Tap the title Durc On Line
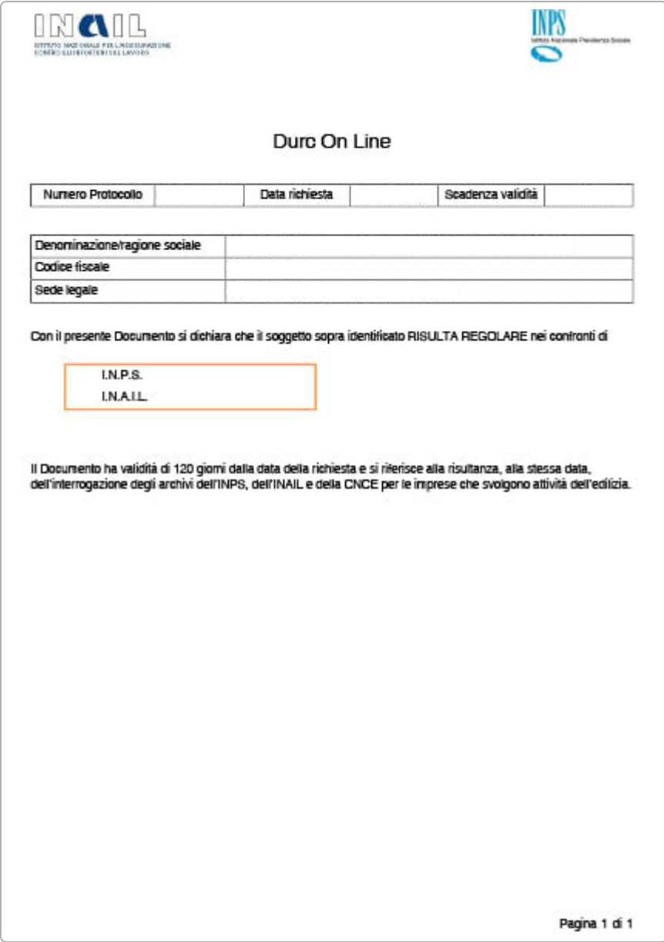(332, 142)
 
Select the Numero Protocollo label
(92, 195)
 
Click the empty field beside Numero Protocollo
(198, 195)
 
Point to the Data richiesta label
(297, 195)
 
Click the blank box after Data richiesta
(394, 195)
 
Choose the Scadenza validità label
(491, 195)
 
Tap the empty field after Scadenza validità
(589, 195)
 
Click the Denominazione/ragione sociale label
(118, 246)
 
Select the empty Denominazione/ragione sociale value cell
(429, 246)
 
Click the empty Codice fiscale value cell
(429, 269)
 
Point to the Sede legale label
(66, 291)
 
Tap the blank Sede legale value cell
(429, 292)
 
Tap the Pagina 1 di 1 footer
(595, 922)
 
